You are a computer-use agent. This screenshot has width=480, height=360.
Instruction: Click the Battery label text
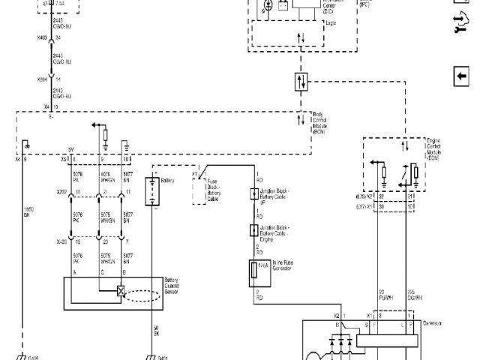point(169,181)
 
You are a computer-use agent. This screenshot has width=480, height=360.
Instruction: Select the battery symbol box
point(151,190)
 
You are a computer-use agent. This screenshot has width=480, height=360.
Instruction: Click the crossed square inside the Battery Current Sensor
point(121,291)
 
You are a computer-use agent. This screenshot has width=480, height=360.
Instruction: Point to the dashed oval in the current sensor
point(142,292)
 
